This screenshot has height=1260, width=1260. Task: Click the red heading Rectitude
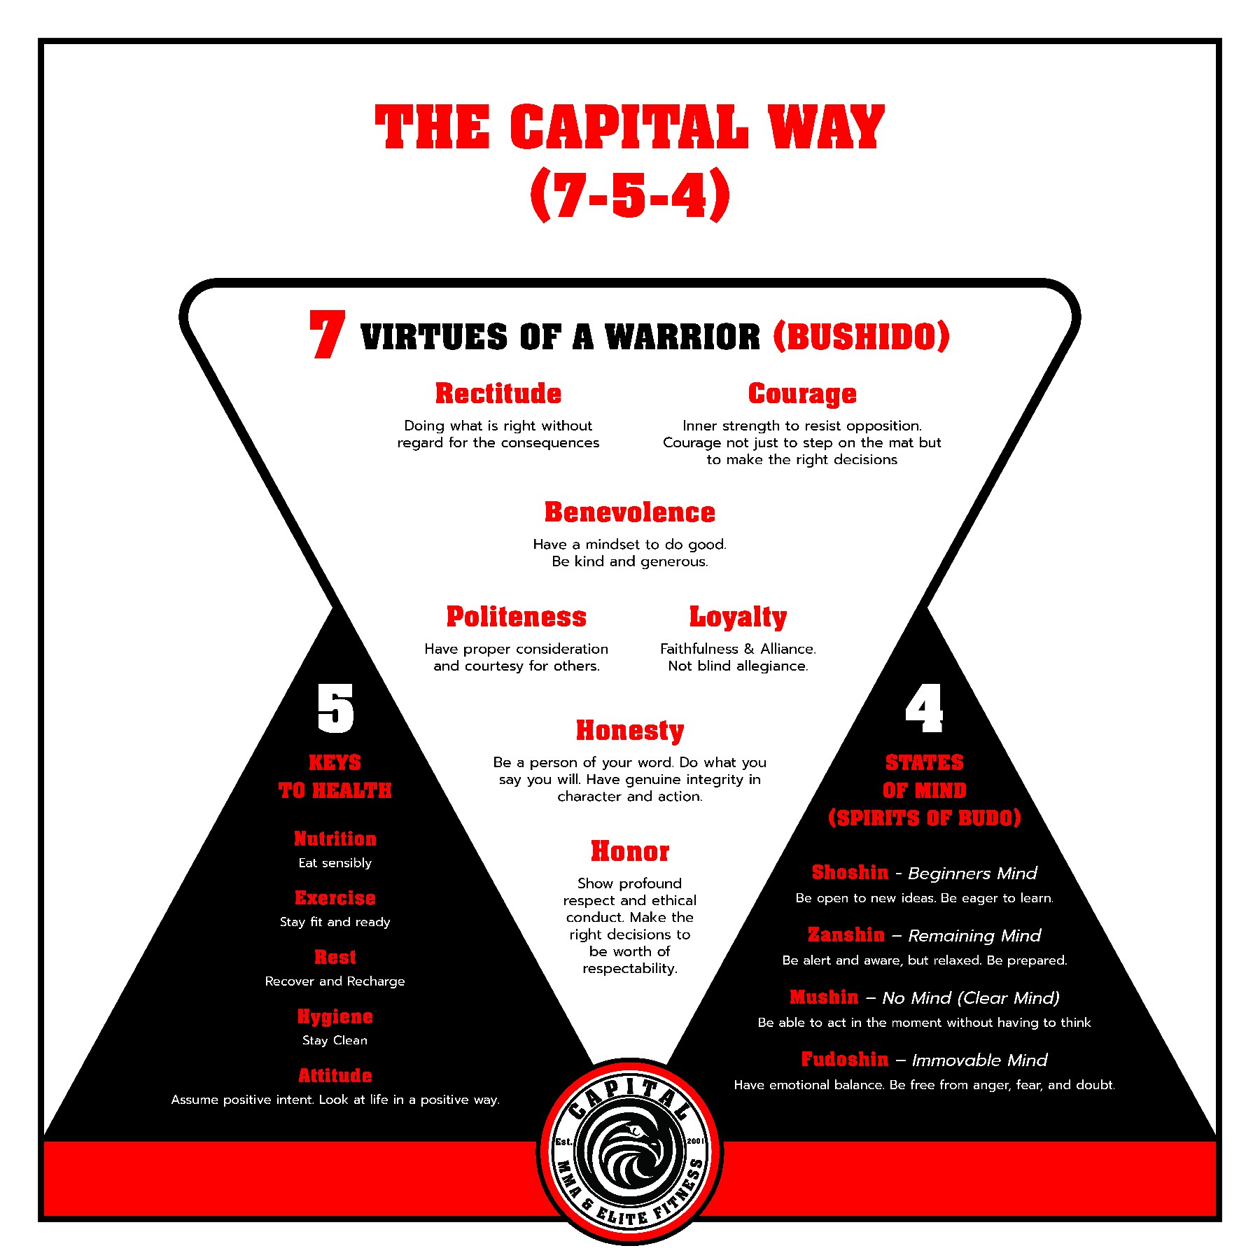point(498,393)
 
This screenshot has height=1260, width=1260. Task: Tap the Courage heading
point(801,394)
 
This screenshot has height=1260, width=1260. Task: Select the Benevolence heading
point(629,512)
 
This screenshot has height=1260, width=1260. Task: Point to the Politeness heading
point(517,617)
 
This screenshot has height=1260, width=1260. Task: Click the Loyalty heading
point(738,617)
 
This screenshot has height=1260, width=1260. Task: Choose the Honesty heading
point(629,730)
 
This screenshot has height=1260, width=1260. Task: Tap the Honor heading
point(629,851)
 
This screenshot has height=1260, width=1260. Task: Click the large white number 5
point(335,708)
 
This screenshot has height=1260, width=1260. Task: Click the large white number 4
point(924,708)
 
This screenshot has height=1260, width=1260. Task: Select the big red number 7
point(327,335)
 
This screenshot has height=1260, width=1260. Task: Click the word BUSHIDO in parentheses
point(862,337)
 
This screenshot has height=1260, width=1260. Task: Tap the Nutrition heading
point(335,839)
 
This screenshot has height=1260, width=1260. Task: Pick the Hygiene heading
point(335,1016)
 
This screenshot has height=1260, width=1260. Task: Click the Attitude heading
point(335,1075)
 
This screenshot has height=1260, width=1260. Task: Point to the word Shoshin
point(850,872)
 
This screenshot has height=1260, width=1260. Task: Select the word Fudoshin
point(844,1059)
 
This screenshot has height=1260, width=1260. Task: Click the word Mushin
point(824,997)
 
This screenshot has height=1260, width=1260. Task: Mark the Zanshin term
point(846,934)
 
